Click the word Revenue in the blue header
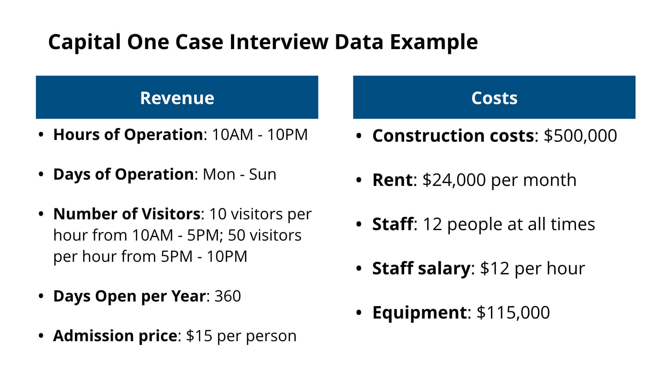click(x=177, y=98)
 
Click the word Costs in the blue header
click(x=494, y=98)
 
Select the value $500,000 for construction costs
click(x=580, y=135)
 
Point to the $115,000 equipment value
click(x=513, y=312)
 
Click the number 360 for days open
click(x=228, y=296)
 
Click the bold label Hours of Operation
click(x=128, y=135)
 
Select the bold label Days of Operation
click(x=123, y=174)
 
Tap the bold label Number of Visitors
click(x=126, y=214)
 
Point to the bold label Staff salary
click(x=421, y=268)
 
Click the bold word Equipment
click(x=419, y=312)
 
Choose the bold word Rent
click(x=392, y=180)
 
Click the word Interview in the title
click(x=279, y=42)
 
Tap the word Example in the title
click(x=433, y=42)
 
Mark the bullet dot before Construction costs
click(x=359, y=136)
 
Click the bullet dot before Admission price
click(x=41, y=336)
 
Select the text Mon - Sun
click(x=239, y=174)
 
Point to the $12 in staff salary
click(x=494, y=268)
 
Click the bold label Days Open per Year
click(x=129, y=296)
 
